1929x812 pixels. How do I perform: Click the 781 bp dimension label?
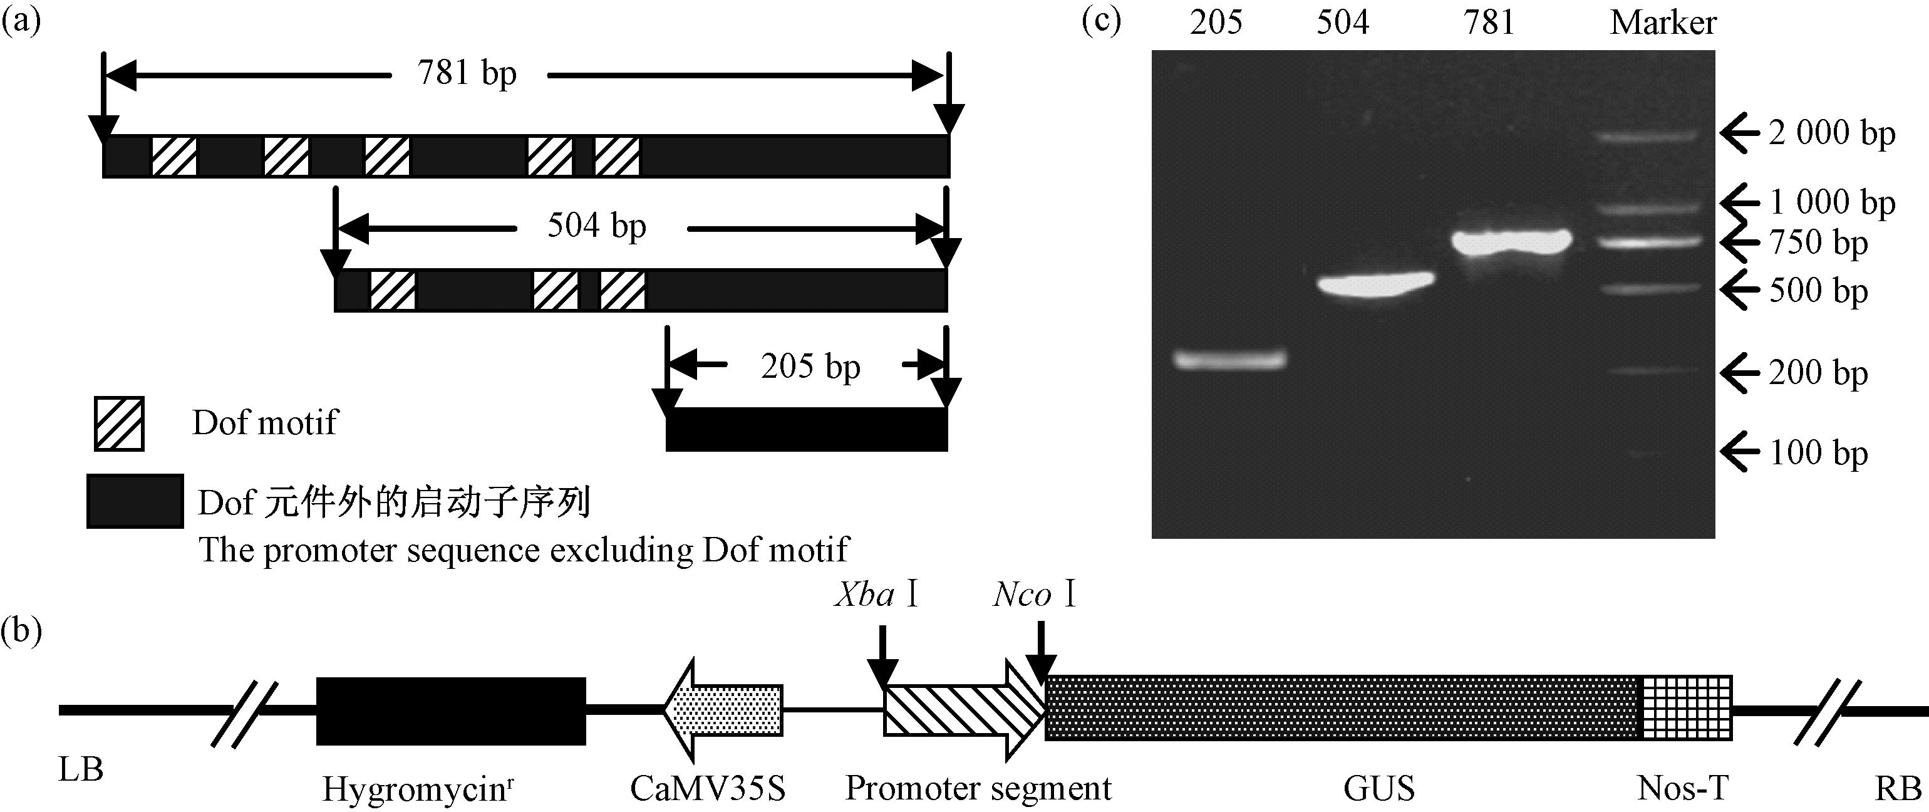[467, 74]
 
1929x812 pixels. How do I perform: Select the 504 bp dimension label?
[596, 226]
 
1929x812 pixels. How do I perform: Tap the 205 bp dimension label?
[810, 367]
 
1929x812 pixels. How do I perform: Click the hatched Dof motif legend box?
[119, 423]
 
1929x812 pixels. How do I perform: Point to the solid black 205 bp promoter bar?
[807, 429]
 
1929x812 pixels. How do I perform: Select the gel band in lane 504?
[1377, 284]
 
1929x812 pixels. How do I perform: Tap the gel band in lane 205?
[1229, 360]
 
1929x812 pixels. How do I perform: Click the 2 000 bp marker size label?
[1832, 134]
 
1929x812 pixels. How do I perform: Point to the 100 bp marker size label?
[1818, 453]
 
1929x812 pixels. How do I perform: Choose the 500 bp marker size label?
[1818, 291]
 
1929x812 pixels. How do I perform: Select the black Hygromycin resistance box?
[451, 711]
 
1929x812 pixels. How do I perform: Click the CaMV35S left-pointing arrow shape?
[723, 710]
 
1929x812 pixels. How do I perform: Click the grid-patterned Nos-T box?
[1687, 709]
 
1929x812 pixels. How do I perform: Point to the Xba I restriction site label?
[876, 595]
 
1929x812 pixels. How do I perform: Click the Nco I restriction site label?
[1034, 595]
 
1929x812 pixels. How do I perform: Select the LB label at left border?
[81, 770]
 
